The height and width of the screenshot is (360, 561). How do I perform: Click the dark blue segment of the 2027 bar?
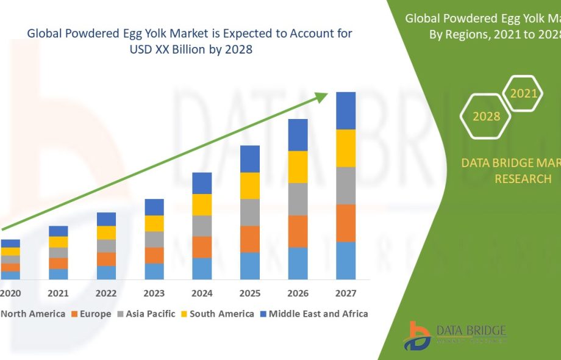click(346, 110)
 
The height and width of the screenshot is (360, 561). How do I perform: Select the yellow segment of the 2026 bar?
click(298, 167)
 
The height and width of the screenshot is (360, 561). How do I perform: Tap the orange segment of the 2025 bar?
click(249, 239)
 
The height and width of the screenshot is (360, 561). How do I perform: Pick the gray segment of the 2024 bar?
click(202, 226)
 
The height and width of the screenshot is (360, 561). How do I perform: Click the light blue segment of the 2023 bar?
click(154, 271)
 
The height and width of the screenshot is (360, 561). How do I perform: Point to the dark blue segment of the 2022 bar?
click(106, 219)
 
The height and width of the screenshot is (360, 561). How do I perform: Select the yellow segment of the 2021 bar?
click(59, 242)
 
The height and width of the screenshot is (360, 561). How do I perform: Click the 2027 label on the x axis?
click(346, 293)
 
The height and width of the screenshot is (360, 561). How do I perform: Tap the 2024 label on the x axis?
click(202, 293)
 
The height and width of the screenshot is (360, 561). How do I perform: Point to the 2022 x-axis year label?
click(106, 293)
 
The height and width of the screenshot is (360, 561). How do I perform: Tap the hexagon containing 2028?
click(486, 116)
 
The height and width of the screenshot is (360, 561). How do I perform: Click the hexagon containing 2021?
click(523, 93)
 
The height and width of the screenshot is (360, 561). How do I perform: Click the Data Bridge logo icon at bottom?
click(418, 335)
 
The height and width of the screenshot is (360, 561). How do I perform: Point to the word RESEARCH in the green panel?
click(523, 179)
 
